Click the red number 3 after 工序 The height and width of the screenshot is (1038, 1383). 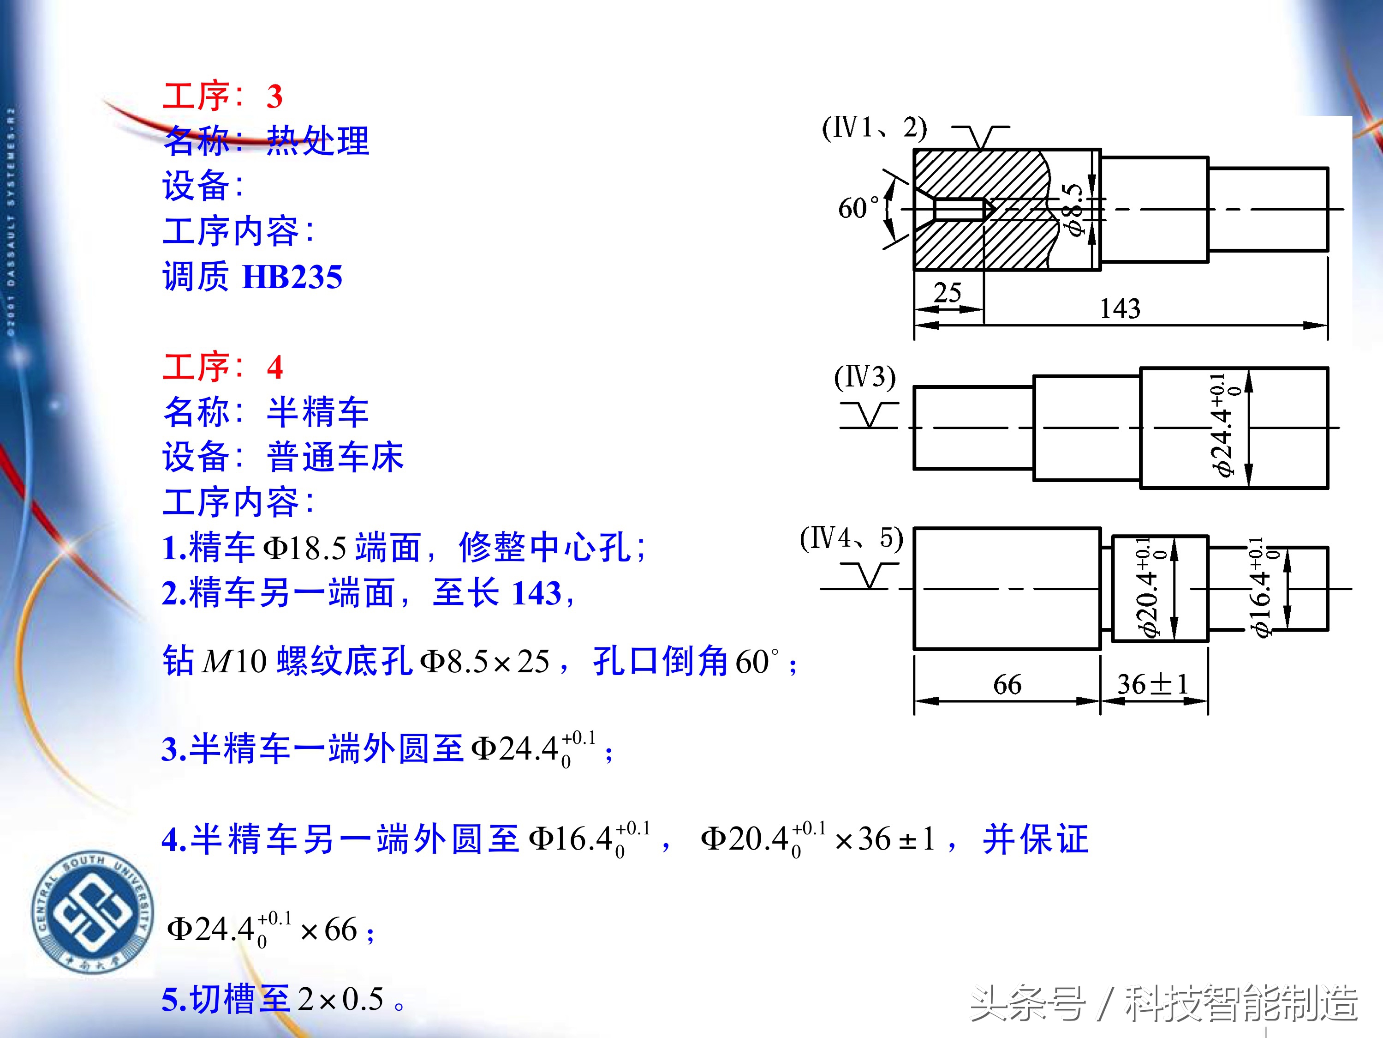coord(274,97)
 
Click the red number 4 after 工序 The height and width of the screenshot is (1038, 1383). coord(274,367)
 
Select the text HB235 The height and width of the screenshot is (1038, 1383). coord(292,277)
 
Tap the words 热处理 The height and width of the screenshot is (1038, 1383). coord(318,141)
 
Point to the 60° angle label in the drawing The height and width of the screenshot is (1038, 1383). coord(858,208)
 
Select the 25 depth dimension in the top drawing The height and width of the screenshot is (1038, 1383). coord(947,292)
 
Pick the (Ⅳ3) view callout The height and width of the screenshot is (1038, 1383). coord(864,377)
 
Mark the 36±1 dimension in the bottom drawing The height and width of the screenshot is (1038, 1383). coord(1152,684)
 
